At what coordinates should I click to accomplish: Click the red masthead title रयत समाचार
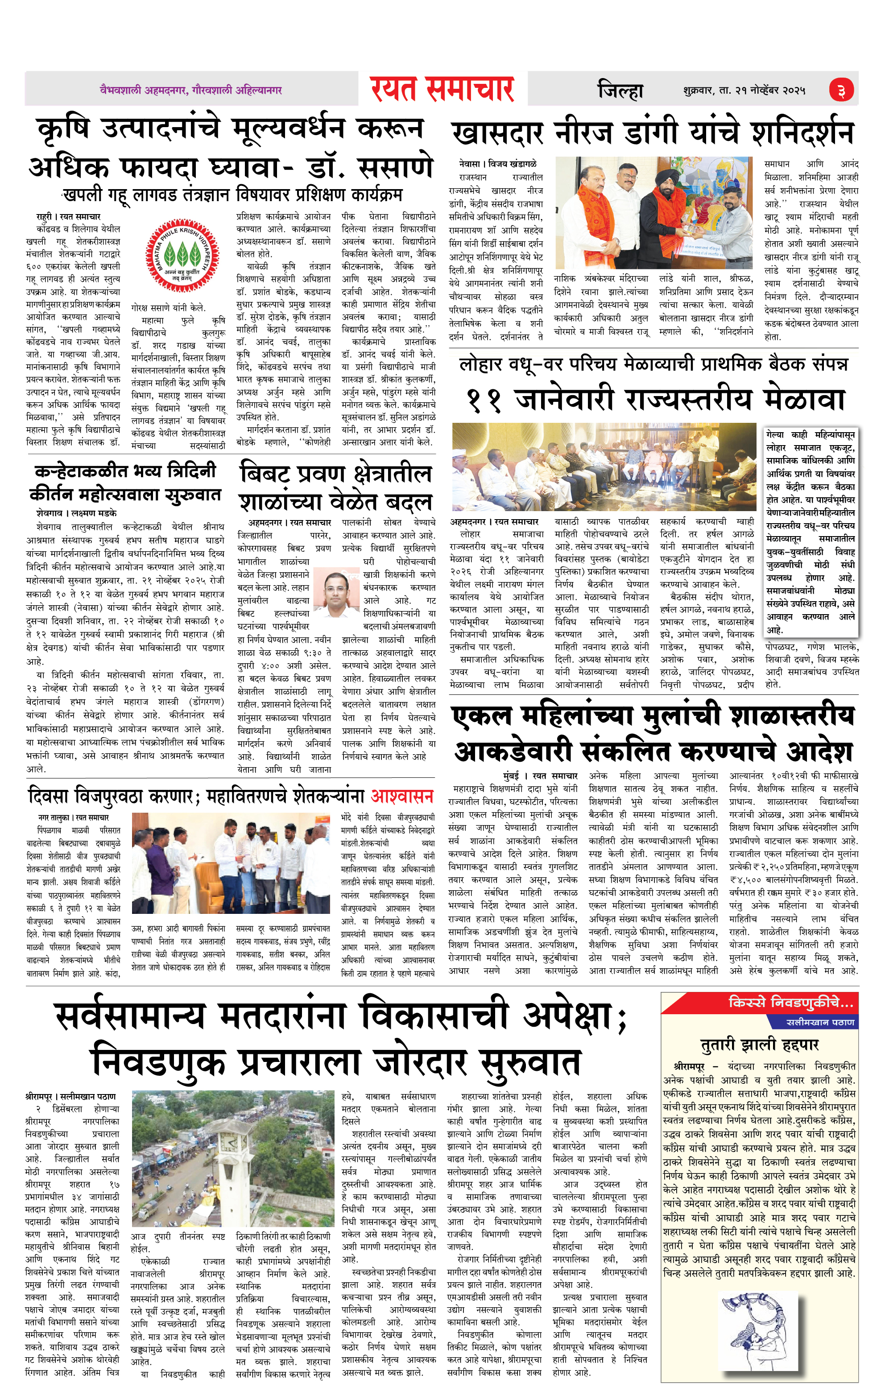point(442,89)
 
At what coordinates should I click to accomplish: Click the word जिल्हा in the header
point(620,91)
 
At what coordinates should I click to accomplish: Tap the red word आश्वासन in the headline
point(402,796)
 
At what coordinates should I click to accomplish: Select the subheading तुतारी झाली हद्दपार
point(760,1045)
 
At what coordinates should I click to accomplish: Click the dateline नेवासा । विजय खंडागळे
point(498,164)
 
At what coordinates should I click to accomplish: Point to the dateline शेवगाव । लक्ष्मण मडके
point(76,513)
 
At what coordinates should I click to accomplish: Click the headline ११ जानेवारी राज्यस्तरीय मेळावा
point(655,400)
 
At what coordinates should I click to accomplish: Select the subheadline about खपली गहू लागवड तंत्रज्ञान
point(232,195)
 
